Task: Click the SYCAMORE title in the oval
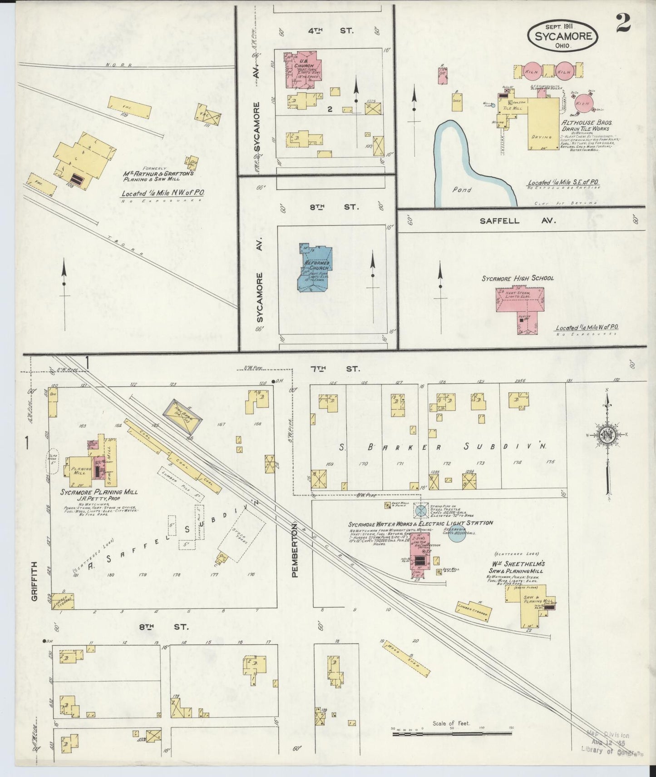point(563,35)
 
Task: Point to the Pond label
point(462,189)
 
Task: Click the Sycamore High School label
point(518,278)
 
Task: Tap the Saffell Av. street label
point(518,220)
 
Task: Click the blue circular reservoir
point(458,534)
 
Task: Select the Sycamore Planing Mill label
point(99,492)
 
